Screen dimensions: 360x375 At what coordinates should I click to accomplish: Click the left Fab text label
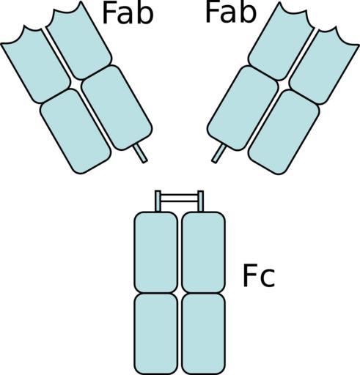[x=128, y=13]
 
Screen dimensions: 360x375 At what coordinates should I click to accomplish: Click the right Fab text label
[x=231, y=12]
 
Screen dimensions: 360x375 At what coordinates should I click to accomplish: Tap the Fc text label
[x=259, y=275]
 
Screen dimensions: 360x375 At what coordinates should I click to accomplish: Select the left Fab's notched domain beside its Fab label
[x=78, y=40]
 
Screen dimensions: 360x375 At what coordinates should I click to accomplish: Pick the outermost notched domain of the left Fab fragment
[x=35, y=64]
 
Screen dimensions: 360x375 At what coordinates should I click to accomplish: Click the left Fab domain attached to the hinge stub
[x=117, y=108]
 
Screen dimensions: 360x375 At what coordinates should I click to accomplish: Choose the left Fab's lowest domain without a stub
[x=76, y=131]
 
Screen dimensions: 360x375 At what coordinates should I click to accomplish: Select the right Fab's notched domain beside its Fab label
[x=281, y=42]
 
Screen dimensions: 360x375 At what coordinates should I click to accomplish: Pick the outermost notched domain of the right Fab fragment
[x=324, y=65]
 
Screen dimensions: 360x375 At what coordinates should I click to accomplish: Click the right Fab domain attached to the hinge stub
[x=243, y=108]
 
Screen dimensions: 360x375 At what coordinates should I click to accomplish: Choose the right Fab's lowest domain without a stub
[x=284, y=132]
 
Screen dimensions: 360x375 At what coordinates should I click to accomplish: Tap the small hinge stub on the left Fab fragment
[x=140, y=153]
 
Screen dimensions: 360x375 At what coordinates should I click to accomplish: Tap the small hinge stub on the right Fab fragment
[x=218, y=153]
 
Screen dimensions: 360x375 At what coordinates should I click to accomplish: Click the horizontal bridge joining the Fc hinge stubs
[x=179, y=198]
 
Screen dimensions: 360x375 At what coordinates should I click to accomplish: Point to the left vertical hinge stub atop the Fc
[x=158, y=201]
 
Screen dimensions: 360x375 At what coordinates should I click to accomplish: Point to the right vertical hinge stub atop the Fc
[x=201, y=201]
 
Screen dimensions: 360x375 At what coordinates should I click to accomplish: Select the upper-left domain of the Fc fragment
[x=156, y=252]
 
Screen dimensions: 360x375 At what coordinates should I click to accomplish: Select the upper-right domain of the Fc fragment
[x=203, y=252]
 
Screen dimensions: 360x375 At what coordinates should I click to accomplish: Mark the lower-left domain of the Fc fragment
[x=156, y=333]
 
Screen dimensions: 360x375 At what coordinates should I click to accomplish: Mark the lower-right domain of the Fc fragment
[x=203, y=333]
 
